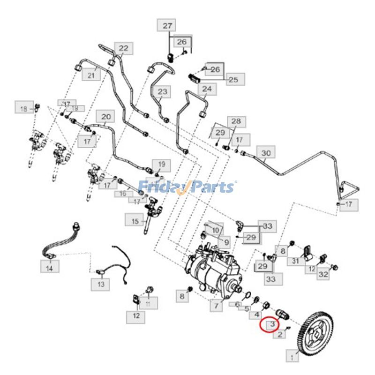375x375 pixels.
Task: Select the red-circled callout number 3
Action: (270, 324)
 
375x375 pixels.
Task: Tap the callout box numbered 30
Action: (266, 153)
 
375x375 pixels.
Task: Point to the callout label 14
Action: (50, 267)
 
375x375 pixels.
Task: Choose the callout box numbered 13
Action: (100, 284)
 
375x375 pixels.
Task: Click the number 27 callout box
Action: (167, 26)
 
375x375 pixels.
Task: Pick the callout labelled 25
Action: (233, 80)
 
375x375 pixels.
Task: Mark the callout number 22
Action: (123, 48)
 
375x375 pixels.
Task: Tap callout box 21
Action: (91, 75)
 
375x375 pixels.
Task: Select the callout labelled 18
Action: (24, 109)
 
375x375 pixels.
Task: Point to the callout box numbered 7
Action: (216, 307)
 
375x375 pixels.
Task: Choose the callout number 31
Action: (296, 261)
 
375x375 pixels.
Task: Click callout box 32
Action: (323, 275)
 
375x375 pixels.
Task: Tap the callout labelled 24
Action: (207, 89)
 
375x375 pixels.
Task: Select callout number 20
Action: (106, 116)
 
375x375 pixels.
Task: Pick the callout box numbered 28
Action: (236, 122)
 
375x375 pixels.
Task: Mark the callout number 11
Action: (148, 305)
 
